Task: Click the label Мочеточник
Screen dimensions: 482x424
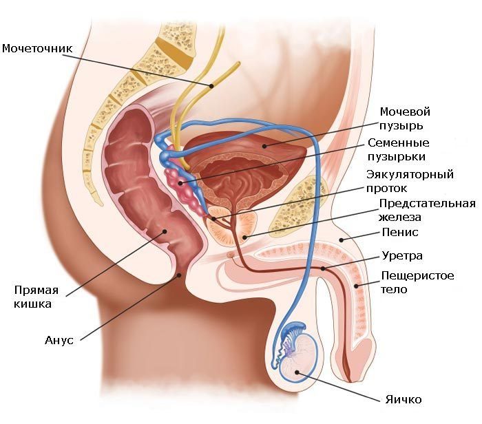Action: pos(37,49)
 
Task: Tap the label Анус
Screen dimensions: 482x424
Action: pos(59,340)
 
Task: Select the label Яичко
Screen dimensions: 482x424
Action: pos(404,399)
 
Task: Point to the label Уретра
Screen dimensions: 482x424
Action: pos(402,255)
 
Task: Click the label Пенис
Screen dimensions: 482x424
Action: pos(400,232)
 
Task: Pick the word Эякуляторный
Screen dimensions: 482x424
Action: pos(410,174)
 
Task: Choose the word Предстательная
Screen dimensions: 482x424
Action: pos(428,204)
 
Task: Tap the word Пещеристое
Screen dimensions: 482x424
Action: pos(417,275)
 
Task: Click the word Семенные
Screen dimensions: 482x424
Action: pos(399,143)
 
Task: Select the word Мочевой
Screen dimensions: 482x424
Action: pos(405,112)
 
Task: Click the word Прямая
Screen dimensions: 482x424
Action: pos(36,290)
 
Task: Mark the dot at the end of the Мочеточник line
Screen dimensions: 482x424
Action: pos(211,86)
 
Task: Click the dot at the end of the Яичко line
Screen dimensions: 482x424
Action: pos(297,372)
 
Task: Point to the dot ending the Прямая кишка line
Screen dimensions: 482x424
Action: pos(165,231)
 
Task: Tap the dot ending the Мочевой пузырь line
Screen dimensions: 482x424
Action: pos(264,146)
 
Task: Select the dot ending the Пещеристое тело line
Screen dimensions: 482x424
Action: pos(356,286)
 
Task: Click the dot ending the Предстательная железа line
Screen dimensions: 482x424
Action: pos(244,237)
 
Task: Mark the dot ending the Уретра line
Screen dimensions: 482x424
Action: pos(323,268)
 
